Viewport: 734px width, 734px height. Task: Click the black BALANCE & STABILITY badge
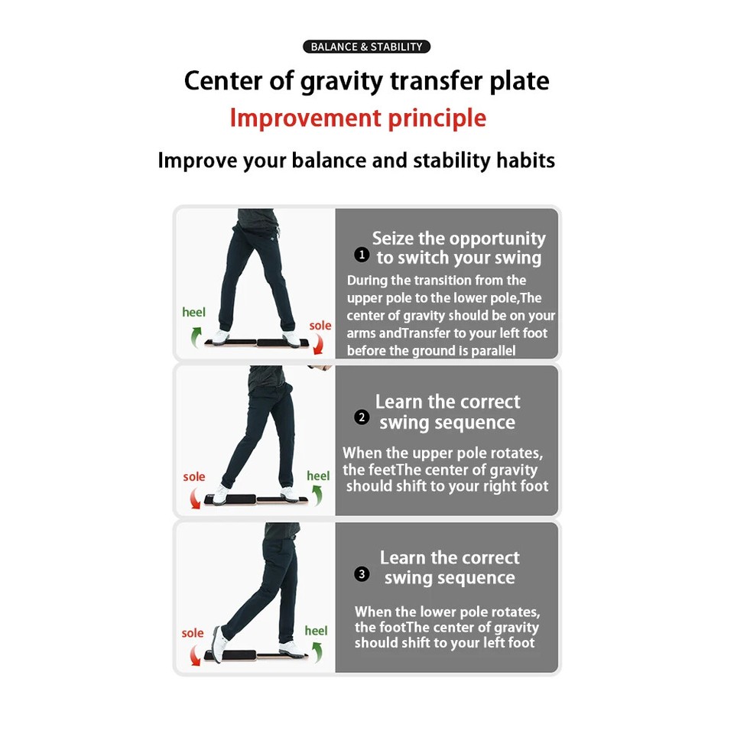point(367,47)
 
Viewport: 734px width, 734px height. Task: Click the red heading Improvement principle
point(358,119)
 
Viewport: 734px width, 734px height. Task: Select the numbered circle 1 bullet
point(362,255)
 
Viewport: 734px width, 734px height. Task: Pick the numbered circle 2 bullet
point(362,417)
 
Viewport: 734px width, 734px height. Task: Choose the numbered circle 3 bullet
point(362,574)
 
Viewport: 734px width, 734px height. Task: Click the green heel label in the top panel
point(194,312)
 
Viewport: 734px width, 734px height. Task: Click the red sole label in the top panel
point(320,326)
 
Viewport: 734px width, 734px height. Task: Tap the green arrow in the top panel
point(196,335)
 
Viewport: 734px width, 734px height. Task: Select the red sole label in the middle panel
point(194,477)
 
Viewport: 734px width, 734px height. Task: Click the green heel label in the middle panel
point(318,476)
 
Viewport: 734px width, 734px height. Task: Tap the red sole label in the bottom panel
point(193,633)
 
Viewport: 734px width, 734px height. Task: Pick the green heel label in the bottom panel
point(316,631)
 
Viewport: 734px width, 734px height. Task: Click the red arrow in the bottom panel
point(193,654)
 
